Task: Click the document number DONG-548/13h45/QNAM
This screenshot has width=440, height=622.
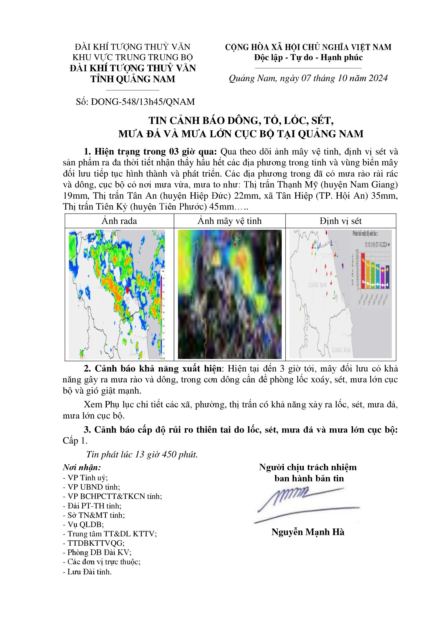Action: [x=143, y=102]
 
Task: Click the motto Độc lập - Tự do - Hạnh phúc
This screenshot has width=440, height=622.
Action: [x=308, y=57]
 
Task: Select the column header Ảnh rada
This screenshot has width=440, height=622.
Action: [x=119, y=221]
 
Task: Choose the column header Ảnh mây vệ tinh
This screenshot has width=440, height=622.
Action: [x=230, y=221]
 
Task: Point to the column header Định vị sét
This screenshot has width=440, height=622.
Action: [x=341, y=221]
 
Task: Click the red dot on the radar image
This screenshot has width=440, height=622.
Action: [x=127, y=290]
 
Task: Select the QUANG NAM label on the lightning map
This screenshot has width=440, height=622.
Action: [x=318, y=285]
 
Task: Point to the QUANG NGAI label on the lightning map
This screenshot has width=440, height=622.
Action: [x=341, y=350]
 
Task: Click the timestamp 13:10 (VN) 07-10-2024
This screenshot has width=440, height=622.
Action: [x=373, y=244]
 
